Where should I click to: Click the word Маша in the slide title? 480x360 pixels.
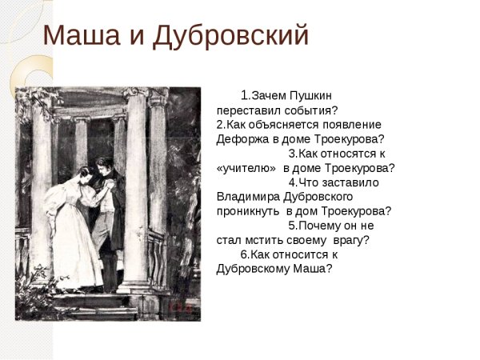[x=77, y=36]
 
